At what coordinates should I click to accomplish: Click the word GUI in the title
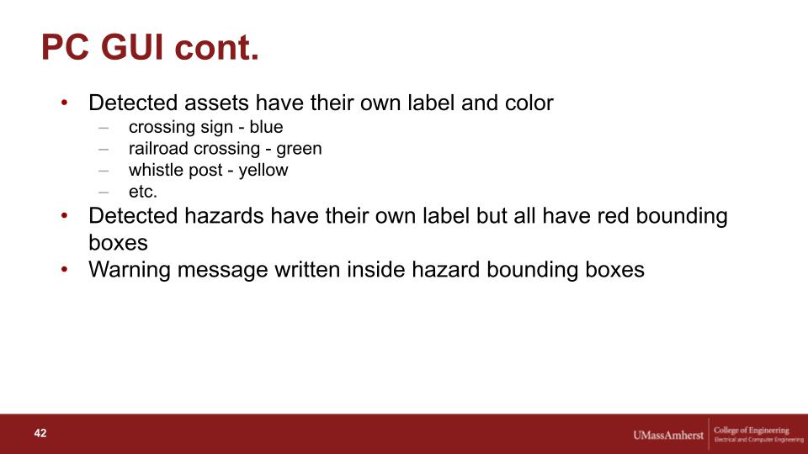click(x=133, y=47)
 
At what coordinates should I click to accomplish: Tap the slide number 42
click(x=40, y=434)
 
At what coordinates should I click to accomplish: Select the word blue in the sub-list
click(x=266, y=127)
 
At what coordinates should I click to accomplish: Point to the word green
click(x=299, y=150)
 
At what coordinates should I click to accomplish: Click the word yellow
click(x=263, y=171)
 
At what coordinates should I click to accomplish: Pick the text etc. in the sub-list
click(x=143, y=192)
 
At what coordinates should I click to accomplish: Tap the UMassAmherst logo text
click(x=667, y=436)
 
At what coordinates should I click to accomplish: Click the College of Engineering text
click(x=752, y=430)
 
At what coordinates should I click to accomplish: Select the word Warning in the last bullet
click(x=130, y=270)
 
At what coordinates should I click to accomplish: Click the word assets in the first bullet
click(x=216, y=103)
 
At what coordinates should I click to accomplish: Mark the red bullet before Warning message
click(x=65, y=269)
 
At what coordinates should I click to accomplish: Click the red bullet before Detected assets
click(x=65, y=103)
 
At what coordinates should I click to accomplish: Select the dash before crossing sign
click(x=104, y=127)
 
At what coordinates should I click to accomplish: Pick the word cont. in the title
click(x=216, y=47)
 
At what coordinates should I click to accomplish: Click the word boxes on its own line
click(x=118, y=243)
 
